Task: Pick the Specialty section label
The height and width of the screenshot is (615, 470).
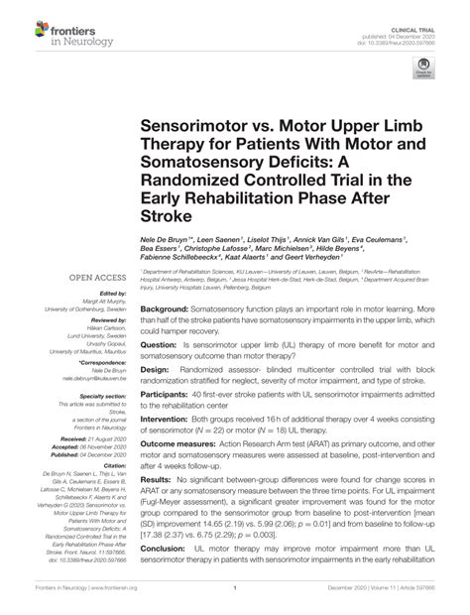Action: pos(98,395)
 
